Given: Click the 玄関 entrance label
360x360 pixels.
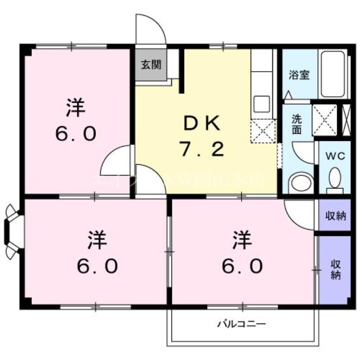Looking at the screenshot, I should click(150, 65).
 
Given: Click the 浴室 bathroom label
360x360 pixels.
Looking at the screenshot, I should click(299, 75).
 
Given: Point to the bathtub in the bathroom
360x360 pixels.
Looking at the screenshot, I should click(333, 74).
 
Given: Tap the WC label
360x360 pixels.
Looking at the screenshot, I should click(335, 156).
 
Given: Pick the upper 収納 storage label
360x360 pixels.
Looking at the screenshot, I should click(335, 216).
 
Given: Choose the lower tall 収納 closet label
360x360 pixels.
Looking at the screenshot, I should click(335, 269).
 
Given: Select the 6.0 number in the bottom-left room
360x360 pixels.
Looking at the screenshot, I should click(97, 266).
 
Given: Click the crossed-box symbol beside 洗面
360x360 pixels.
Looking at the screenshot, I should click(325, 119).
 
